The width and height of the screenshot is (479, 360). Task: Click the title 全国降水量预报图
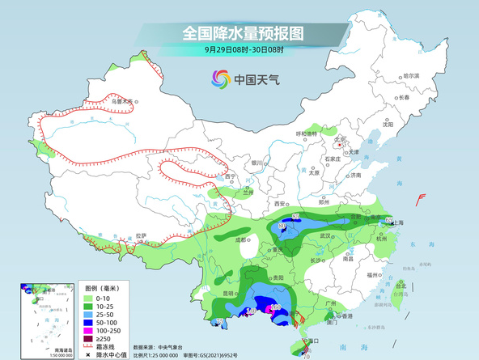coord(243,33)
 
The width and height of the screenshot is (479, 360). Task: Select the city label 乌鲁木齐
coord(122,102)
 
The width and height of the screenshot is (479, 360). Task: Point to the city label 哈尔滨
coord(410,75)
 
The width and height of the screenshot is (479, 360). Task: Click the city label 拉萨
coord(142,235)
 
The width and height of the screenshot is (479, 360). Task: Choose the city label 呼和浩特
coord(307,133)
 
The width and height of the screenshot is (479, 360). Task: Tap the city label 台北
coord(400,285)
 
